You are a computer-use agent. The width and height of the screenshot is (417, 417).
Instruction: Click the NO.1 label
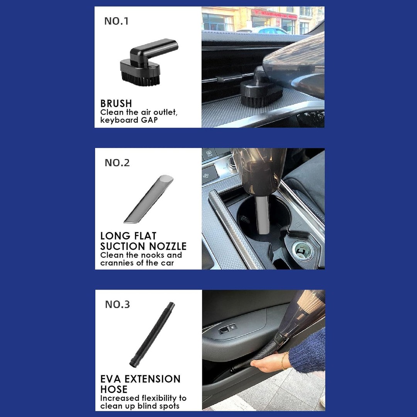click(116, 21)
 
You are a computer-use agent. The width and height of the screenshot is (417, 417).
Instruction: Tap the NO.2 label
click(117, 163)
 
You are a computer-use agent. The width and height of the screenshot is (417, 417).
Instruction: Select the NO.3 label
click(117, 305)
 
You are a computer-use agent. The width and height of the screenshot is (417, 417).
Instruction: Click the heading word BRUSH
click(116, 103)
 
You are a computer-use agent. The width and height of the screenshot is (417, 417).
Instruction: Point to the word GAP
click(149, 120)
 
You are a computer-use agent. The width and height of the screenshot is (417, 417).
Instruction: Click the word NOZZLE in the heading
click(168, 246)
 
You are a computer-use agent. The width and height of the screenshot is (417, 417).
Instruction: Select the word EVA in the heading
click(111, 379)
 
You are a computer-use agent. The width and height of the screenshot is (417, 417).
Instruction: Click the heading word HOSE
click(114, 389)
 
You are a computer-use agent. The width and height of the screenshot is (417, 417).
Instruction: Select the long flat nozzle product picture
click(148, 199)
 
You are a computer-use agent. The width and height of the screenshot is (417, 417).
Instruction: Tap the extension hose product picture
click(153, 334)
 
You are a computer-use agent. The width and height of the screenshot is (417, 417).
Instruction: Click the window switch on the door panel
click(227, 329)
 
